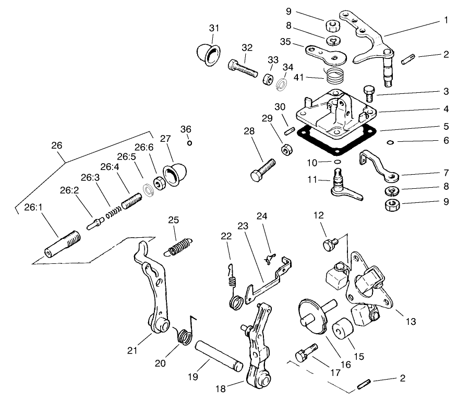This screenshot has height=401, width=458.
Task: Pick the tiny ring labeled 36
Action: (x=190, y=143)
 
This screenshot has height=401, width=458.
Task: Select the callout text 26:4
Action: (x=110, y=167)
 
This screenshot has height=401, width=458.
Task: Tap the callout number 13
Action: (x=411, y=322)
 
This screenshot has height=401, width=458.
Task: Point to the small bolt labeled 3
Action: (x=368, y=95)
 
